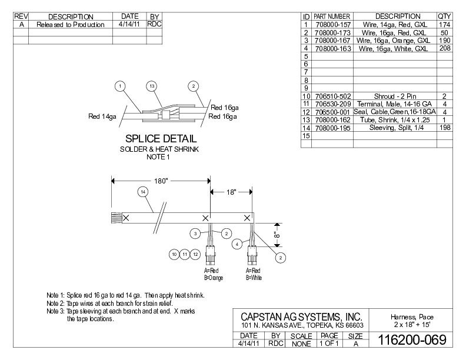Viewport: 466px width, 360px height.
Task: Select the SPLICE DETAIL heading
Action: tap(161, 139)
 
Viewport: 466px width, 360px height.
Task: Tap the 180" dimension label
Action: tap(161, 181)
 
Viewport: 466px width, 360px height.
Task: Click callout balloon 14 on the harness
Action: tap(142, 191)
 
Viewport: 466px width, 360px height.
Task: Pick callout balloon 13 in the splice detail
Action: tap(152, 86)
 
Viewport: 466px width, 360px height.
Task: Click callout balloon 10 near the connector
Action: tap(174, 254)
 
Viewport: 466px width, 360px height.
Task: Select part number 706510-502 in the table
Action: tap(333, 95)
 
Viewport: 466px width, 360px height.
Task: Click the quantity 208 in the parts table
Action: tap(444, 49)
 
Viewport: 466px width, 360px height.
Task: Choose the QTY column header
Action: tap(444, 16)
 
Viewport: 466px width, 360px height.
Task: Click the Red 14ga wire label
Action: tap(103, 116)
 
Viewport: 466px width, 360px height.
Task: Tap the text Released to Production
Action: tap(71, 25)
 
